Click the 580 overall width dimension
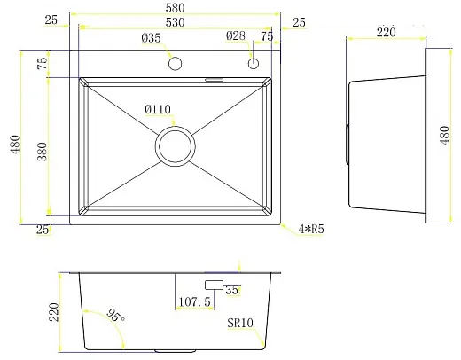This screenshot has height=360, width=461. pos(175,8)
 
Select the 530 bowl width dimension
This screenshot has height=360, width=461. pos(175,22)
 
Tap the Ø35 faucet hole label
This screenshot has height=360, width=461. pos(151,38)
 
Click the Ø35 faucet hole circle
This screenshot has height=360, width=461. pos(175,64)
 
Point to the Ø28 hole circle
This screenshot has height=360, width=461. pos(254,63)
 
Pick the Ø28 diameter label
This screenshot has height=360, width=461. pos(236,36)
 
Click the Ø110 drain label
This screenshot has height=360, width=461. pos(158,110)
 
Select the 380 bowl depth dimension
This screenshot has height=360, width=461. pos(43,152)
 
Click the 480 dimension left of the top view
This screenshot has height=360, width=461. pos(15,144)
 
